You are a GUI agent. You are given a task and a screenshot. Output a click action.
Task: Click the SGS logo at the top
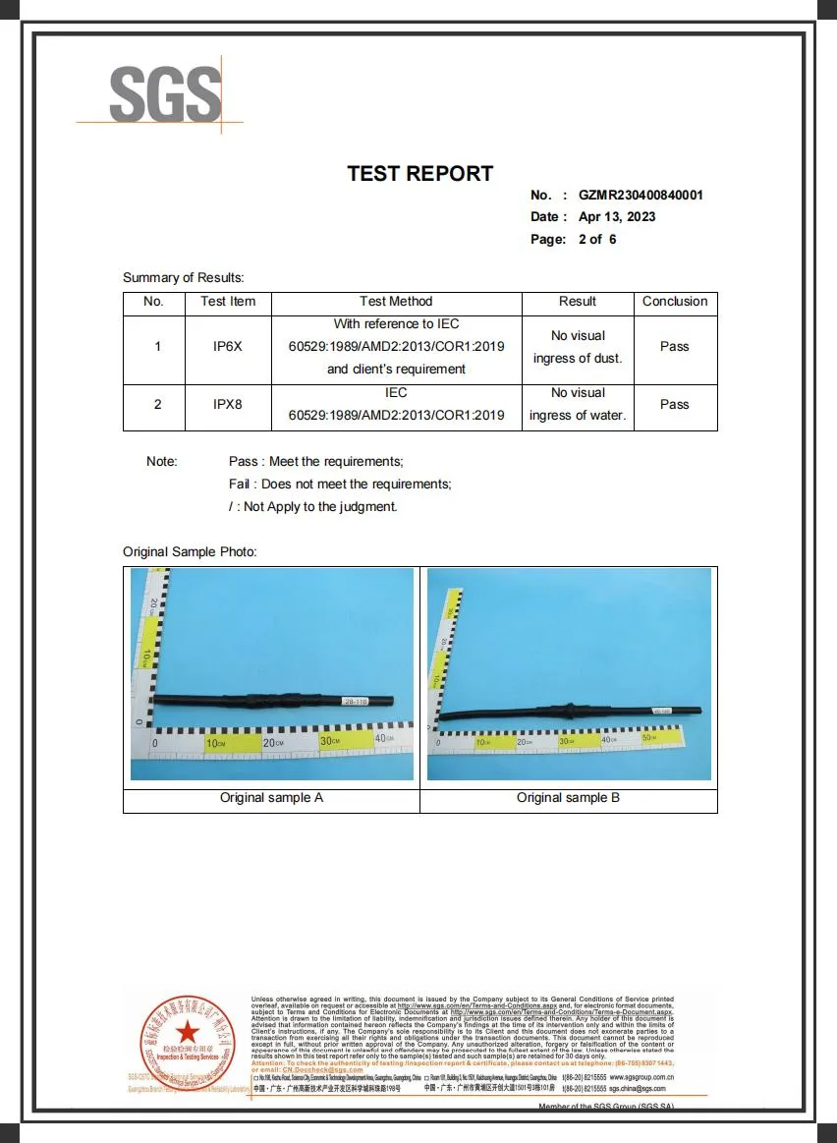pos(165,94)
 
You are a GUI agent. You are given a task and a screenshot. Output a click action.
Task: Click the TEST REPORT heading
pos(419,174)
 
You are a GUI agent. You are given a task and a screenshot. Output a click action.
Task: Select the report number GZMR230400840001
pos(641,196)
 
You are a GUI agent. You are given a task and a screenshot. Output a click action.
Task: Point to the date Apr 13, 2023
pos(617,217)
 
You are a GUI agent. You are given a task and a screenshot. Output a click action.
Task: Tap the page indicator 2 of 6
pos(597,239)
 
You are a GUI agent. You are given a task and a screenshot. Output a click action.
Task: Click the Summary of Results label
pos(183,278)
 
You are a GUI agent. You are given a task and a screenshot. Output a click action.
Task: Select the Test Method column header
pos(396,302)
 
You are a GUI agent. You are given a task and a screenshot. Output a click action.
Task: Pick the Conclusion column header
pos(675,302)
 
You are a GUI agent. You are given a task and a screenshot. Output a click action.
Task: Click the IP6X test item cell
pos(227,347)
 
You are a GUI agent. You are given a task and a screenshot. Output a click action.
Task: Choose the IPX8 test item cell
pos(227,404)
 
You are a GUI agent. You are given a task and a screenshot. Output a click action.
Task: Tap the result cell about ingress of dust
pos(578,347)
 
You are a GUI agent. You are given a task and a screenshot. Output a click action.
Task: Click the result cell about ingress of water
pos(578,404)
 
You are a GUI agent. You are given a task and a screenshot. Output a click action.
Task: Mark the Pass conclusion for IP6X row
pos(675,347)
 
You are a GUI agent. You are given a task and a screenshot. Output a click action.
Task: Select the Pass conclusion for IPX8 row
pos(675,404)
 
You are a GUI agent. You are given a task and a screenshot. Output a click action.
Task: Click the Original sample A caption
pos(271,798)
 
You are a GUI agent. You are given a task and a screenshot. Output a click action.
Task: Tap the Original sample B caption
pos(568,798)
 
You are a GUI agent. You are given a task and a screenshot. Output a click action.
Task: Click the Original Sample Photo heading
pos(190,552)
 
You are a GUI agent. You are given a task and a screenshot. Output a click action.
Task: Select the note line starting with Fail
pos(340,485)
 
